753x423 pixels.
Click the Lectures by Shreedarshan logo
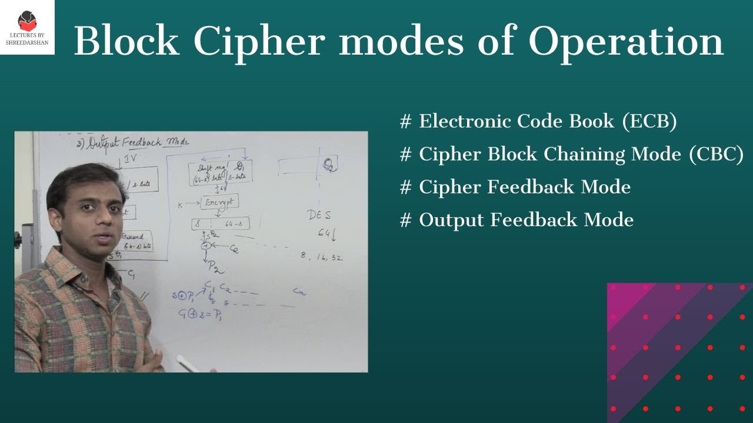[27, 27]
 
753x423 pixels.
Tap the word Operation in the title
[625, 42]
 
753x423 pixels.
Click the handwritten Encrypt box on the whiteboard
[219, 202]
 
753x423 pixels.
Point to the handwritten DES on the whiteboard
[319, 216]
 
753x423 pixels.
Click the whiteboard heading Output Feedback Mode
[136, 143]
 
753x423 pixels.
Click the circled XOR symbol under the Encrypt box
[205, 246]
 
